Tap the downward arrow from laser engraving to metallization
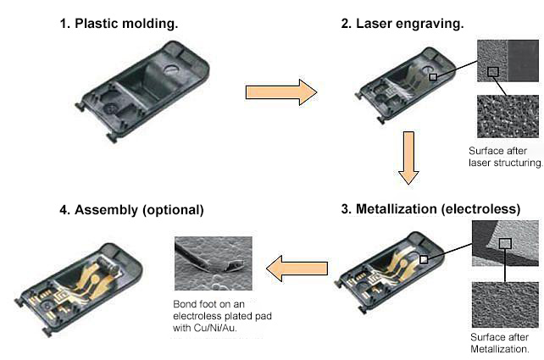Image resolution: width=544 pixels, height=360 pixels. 408,156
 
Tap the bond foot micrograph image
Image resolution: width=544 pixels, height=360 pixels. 215,263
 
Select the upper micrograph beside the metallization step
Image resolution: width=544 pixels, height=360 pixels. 505,245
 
